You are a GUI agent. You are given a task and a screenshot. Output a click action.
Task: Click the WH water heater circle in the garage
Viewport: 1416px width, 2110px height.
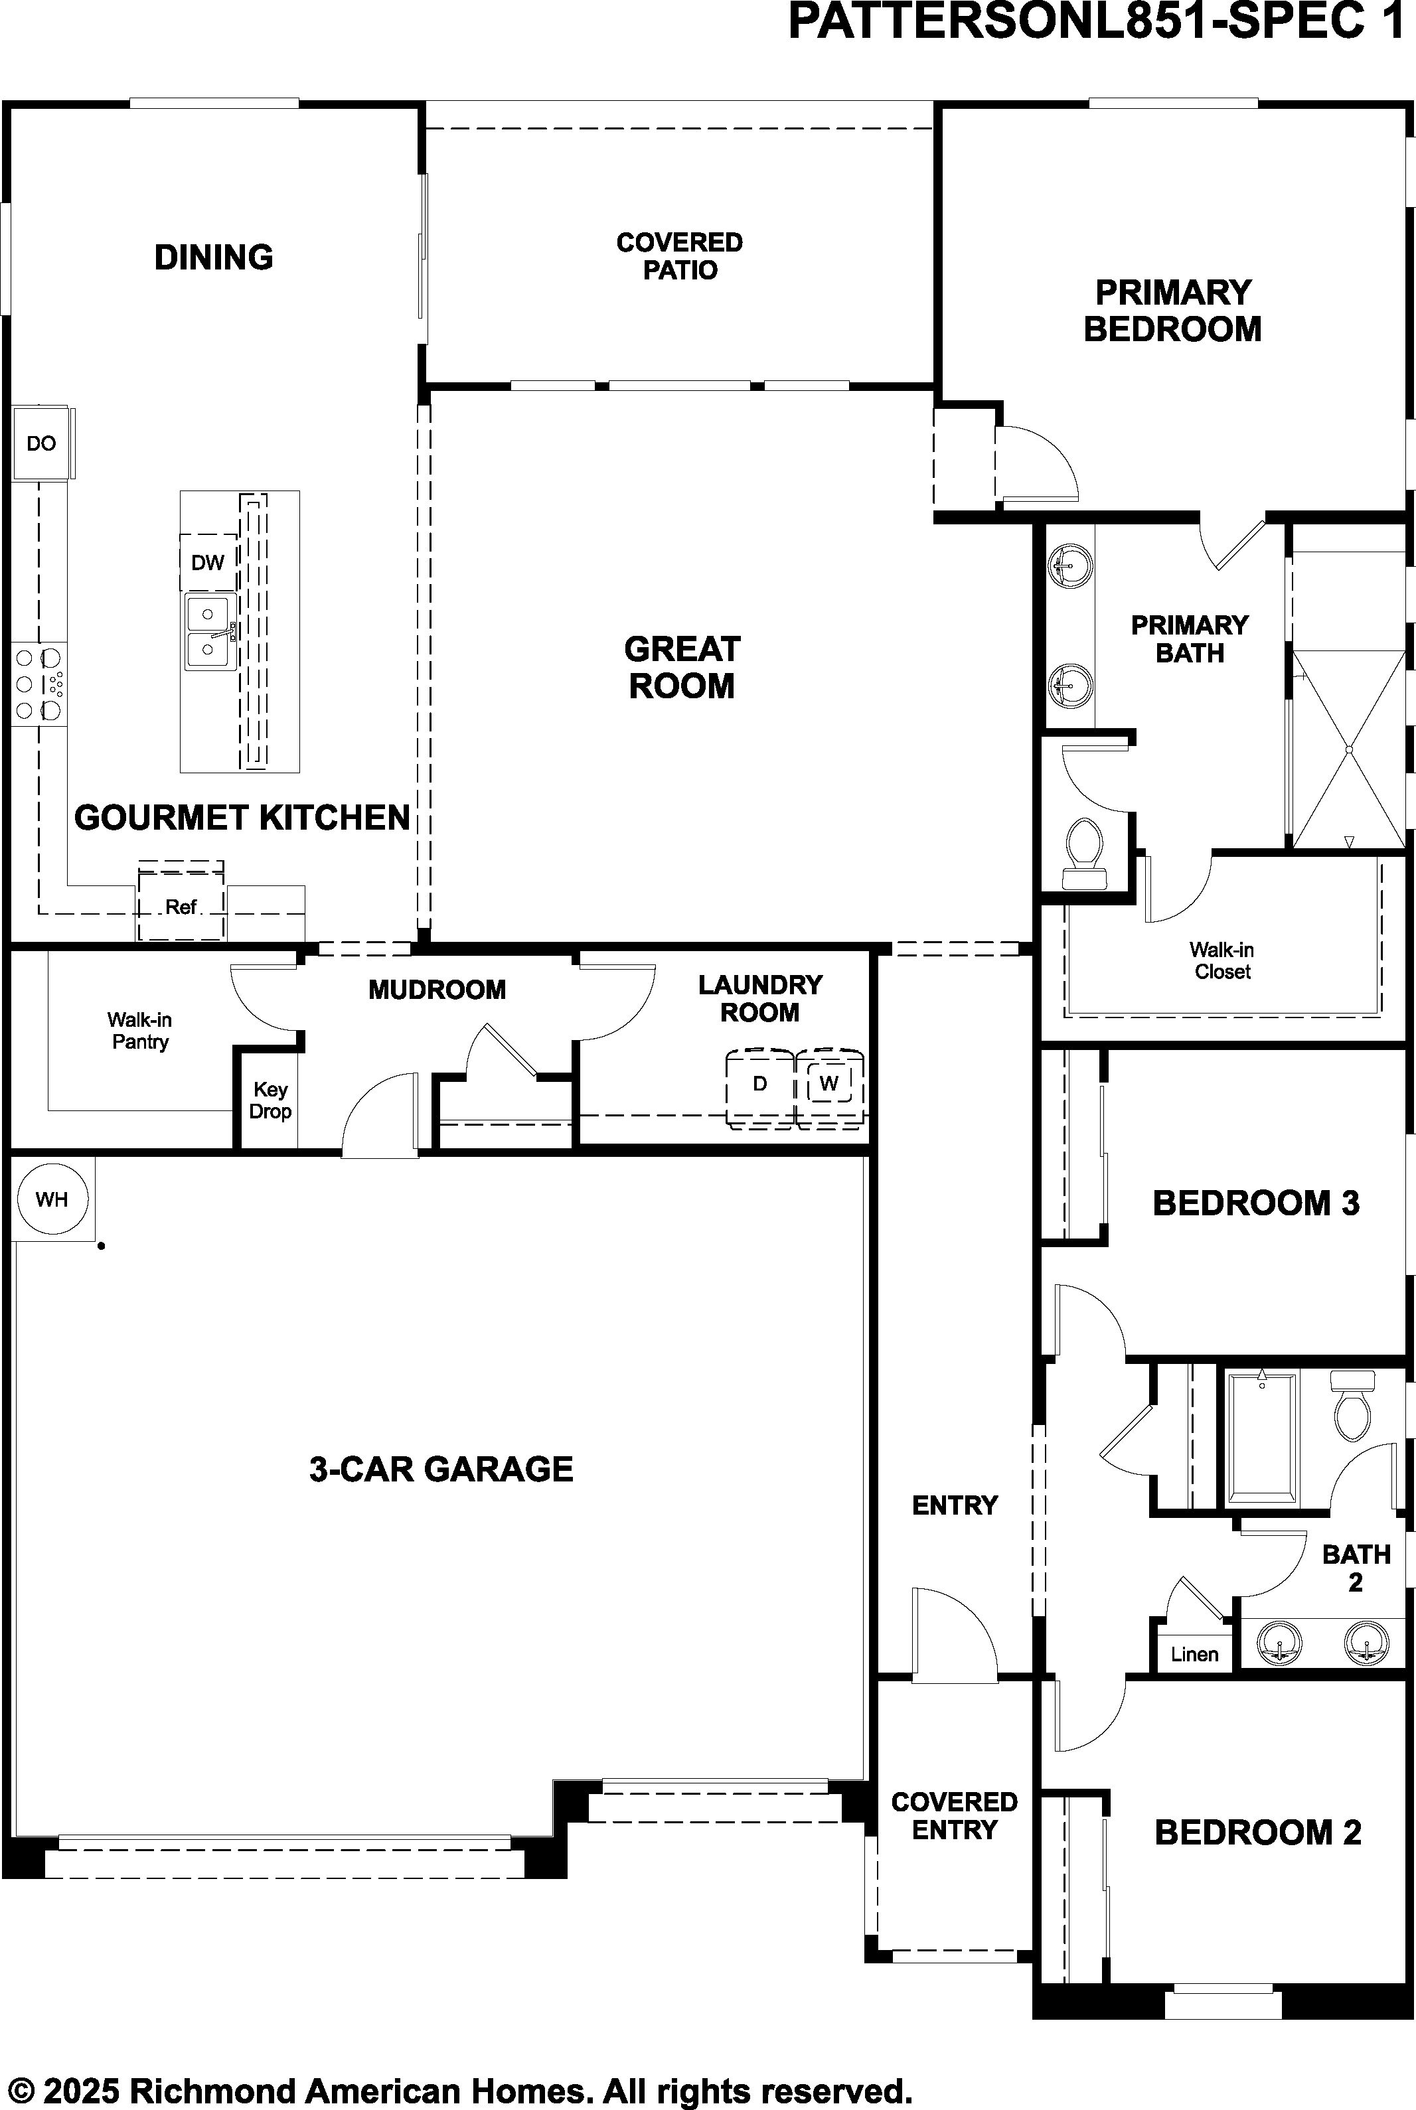(52, 1199)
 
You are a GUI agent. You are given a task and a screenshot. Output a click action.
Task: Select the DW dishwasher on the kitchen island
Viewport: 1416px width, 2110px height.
(208, 562)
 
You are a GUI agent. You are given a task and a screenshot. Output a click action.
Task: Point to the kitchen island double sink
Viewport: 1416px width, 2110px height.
(210, 631)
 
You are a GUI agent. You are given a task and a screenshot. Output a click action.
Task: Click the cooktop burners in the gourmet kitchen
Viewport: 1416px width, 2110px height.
(39, 684)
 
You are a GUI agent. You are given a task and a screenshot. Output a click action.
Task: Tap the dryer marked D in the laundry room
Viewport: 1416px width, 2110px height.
(760, 1088)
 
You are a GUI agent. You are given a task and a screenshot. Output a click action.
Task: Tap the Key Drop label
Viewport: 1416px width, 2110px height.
(270, 1100)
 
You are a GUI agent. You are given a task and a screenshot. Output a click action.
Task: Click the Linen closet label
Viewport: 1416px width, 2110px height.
(1194, 1654)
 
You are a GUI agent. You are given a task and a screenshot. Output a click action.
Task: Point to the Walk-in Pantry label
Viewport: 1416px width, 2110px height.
(140, 1030)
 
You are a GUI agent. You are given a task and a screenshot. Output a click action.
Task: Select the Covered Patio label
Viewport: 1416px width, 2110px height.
(680, 256)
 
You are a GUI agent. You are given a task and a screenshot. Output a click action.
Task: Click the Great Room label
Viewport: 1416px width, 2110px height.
(682, 667)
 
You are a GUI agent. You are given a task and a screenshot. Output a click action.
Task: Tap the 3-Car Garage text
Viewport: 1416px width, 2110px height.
(441, 1469)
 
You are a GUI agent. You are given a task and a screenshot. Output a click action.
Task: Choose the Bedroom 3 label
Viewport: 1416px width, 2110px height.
(1256, 1203)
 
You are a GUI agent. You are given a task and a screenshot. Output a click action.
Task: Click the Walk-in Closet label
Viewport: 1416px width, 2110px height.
(1222, 960)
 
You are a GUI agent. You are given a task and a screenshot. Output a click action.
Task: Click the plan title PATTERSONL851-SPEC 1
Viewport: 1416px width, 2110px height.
(1097, 22)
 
